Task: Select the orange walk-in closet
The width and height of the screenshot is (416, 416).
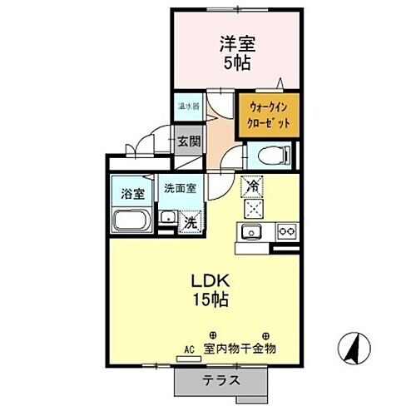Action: tap(267, 116)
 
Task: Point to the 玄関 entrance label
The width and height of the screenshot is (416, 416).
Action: tap(188, 141)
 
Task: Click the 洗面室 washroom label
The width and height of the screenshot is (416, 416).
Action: tap(179, 188)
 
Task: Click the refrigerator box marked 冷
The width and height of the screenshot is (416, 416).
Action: tap(252, 187)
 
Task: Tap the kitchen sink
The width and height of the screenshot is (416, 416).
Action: tap(252, 230)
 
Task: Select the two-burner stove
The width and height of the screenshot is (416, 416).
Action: tap(286, 230)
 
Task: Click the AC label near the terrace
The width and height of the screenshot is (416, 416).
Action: tap(188, 351)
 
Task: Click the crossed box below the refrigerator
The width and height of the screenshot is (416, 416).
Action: tap(252, 208)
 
